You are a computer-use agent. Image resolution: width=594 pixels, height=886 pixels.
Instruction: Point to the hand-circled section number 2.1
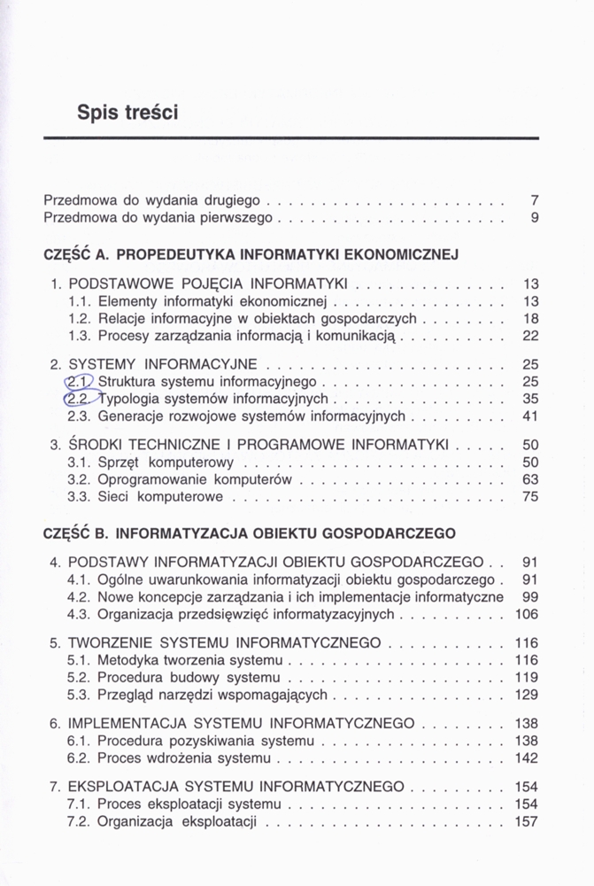pos(80,382)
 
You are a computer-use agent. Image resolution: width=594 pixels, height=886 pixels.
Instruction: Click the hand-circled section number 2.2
pos(79,399)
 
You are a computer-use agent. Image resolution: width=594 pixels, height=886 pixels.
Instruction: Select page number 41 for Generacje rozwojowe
pos(530,416)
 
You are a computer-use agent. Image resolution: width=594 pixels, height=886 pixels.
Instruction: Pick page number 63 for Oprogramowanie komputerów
pos(530,479)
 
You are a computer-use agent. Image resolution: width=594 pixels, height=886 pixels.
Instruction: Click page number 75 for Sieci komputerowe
pos(530,497)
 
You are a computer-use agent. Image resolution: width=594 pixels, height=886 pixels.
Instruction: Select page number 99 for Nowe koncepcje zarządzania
pos(530,597)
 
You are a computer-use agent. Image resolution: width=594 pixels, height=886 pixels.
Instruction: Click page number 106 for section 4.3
pos(527,614)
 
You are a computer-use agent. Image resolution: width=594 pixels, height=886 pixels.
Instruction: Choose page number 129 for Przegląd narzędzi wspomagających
pos(527,695)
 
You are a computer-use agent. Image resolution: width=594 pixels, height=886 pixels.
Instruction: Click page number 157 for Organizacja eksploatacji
pos(527,821)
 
